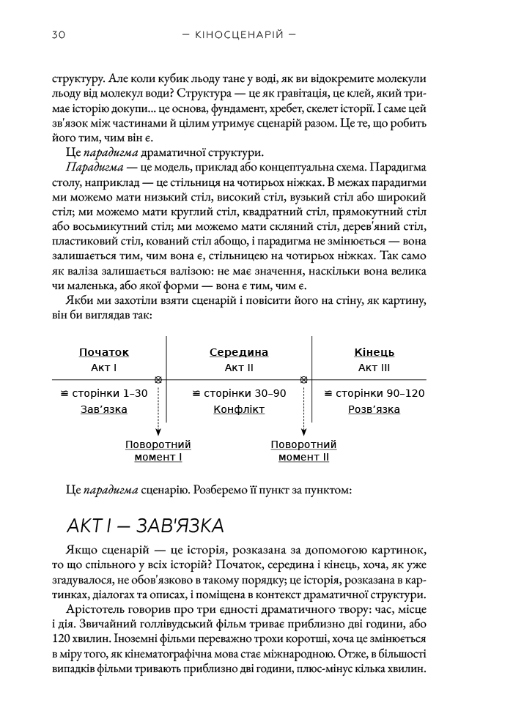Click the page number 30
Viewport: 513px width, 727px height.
pyautogui.click(x=60, y=34)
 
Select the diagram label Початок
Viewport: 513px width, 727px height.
pyautogui.click(x=104, y=352)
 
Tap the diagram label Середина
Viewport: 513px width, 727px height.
pyautogui.click(x=239, y=352)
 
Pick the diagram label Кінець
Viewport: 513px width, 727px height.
pyautogui.click(x=374, y=352)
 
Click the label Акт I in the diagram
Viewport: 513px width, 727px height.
pyautogui.click(x=104, y=368)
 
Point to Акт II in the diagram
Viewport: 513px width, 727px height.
pyautogui.click(x=239, y=368)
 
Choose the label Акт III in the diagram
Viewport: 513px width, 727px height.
pyautogui.click(x=374, y=368)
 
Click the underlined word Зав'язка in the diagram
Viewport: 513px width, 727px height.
pyautogui.click(x=104, y=409)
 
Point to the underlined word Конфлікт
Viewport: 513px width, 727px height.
pyautogui.click(x=239, y=409)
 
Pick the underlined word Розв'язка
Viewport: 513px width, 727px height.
pyautogui.click(x=374, y=409)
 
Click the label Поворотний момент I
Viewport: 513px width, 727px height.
pyautogui.click(x=158, y=450)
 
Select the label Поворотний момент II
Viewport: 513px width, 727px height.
pyautogui.click(x=303, y=450)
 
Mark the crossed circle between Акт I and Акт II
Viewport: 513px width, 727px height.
pyautogui.click(x=158, y=379)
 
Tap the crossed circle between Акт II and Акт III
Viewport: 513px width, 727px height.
pyautogui.click(x=303, y=379)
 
